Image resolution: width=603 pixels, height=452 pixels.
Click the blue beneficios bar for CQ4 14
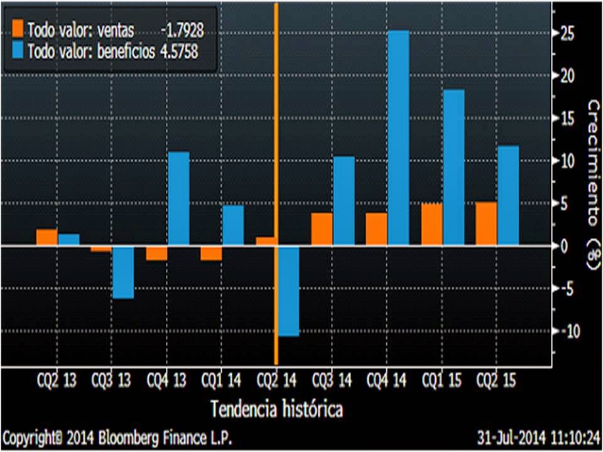click(x=398, y=138)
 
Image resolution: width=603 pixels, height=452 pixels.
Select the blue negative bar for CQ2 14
click(x=288, y=291)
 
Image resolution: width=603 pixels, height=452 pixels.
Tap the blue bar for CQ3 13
click(x=123, y=272)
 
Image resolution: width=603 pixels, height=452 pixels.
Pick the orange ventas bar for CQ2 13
click(x=46, y=237)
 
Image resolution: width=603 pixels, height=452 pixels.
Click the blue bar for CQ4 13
click(x=178, y=198)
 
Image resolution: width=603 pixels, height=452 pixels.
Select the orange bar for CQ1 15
click(x=432, y=224)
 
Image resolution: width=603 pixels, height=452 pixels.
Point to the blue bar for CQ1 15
click(x=454, y=167)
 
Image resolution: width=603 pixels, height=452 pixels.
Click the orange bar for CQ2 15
click(x=486, y=223)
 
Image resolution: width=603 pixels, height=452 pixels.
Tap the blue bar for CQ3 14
click(x=344, y=201)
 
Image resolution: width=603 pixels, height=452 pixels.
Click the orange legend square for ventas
click(x=18, y=28)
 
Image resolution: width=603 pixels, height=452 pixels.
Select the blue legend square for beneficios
click(x=18, y=51)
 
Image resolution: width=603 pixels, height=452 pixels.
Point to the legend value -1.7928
click(x=182, y=29)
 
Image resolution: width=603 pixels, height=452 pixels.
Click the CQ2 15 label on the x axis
click(x=496, y=380)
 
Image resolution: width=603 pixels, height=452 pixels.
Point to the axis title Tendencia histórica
click(x=276, y=409)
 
